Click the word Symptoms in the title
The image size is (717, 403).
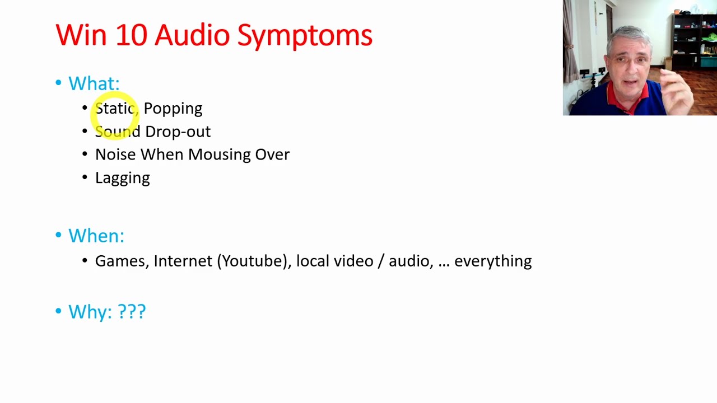305,36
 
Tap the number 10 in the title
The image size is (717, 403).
131,35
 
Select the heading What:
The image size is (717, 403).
94,83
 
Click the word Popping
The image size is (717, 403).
173,109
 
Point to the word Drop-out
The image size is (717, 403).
178,132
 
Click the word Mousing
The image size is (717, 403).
219,154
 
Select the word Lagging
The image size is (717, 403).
122,178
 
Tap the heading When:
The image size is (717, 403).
96,236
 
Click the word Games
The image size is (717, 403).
120,261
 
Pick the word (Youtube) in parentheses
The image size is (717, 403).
254,261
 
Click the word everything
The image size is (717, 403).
492,261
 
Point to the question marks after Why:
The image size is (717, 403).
132,311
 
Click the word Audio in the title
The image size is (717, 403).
192,35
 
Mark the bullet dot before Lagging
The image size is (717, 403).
85,177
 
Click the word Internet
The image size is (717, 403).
183,261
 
